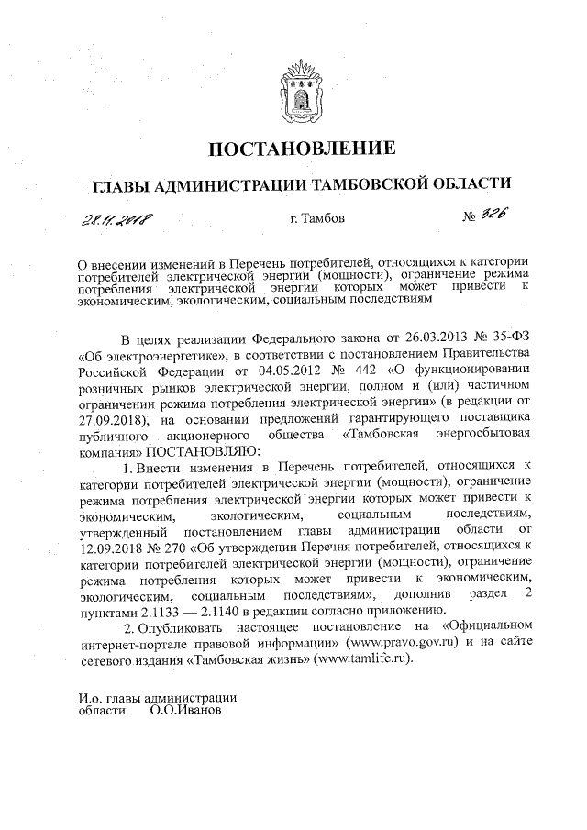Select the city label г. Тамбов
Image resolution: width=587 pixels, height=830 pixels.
click(316, 219)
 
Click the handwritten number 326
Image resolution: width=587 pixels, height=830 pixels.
click(491, 215)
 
